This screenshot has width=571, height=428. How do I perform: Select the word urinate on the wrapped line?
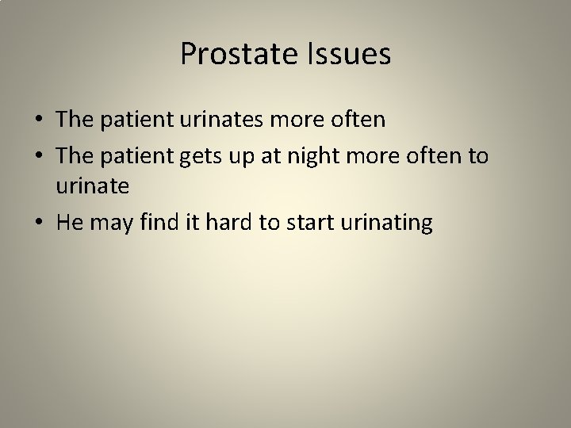point(90,188)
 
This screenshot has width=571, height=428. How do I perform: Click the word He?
point(70,224)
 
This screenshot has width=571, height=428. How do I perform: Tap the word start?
point(304,224)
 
